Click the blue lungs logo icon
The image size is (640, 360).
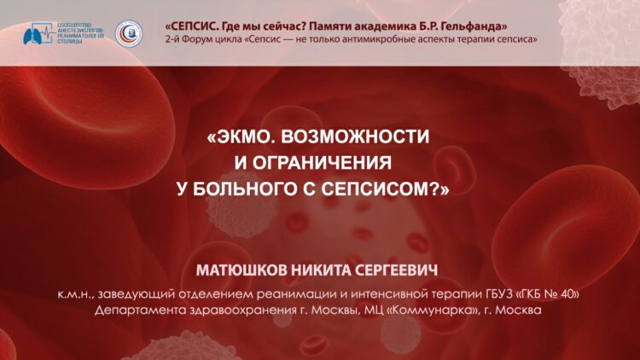click(x=38, y=33)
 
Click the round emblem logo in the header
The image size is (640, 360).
click(x=129, y=34)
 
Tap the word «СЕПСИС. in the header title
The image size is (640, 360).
click(x=189, y=26)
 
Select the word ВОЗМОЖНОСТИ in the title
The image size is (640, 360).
click(x=355, y=136)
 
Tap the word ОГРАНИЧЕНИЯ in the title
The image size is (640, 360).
click(x=322, y=163)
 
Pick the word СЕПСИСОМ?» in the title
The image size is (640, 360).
click(x=385, y=189)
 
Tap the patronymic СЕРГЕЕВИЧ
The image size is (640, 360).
click(x=396, y=270)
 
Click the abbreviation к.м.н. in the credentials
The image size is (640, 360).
click(x=76, y=294)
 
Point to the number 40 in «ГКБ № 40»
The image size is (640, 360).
click(x=569, y=293)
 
